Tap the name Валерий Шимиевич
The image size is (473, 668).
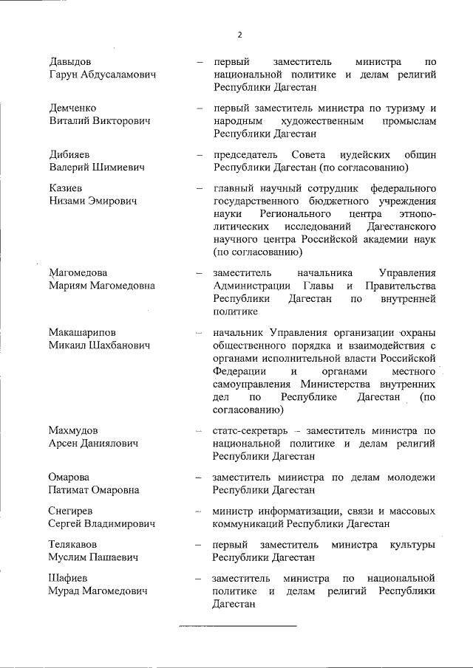click(x=96, y=168)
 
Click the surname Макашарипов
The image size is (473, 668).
click(x=83, y=332)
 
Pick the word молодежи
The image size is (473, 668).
click(x=410, y=477)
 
